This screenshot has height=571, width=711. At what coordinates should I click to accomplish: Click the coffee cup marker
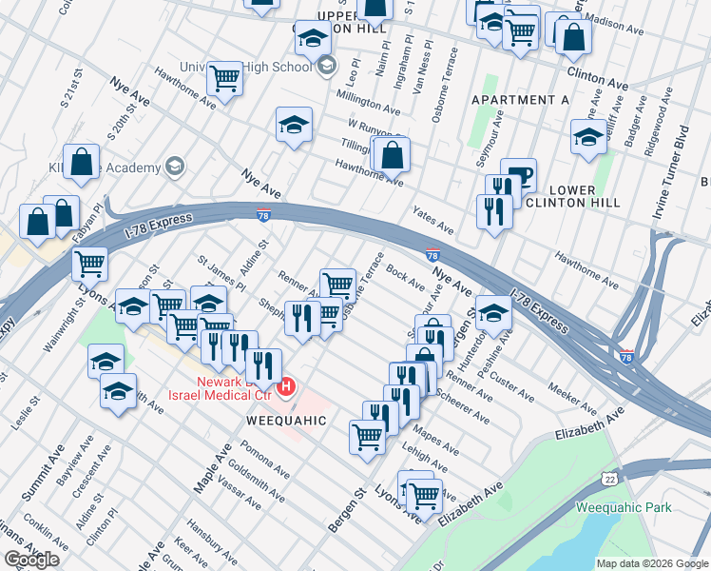pos(518,175)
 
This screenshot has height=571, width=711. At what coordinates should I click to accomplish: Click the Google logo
pos(31,559)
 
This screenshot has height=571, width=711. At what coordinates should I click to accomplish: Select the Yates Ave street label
pos(432,221)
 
